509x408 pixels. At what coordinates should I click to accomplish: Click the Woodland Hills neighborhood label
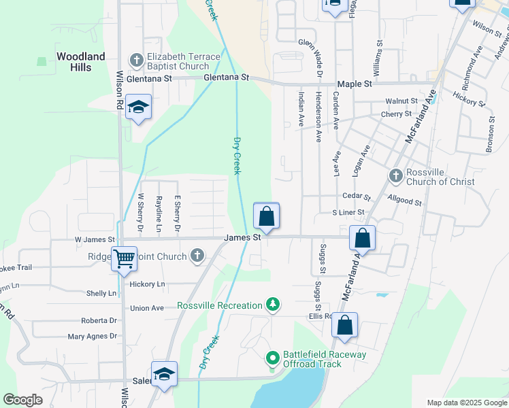[x=81, y=61]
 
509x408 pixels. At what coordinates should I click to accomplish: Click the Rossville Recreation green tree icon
[x=273, y=305]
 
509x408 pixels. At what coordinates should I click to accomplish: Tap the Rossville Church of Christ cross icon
[x=396, y=176]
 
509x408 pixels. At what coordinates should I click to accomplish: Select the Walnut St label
[x=400, y=101]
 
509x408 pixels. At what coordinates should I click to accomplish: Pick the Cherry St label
[x=397, y=114]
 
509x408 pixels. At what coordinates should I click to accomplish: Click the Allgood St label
[x=404, y=202]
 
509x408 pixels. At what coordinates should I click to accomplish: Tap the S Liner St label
[x=348, y=213]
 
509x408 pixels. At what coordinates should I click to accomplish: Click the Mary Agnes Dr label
[x=93, y=336]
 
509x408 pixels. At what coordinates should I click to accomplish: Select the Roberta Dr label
[x=99, y=320]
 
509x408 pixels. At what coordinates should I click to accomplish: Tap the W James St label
[x=95, y=239]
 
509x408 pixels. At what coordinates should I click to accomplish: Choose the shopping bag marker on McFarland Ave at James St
[x=363, y=239]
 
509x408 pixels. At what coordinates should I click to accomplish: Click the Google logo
[x=23, y=400]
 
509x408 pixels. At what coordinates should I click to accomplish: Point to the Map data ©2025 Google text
[x=466, y=403]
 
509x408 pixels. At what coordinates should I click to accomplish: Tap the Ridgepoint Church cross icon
[x=197, y=256]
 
